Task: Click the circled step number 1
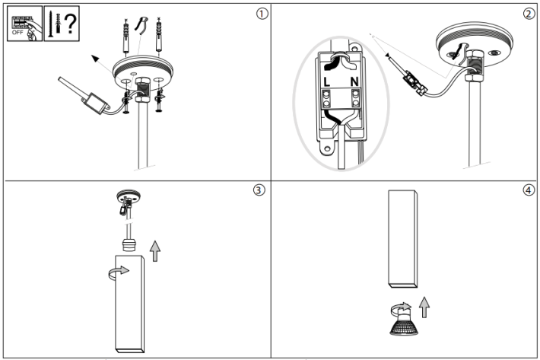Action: pyautogui.click(x=262, y=14)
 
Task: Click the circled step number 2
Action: pyautogui.click(x=529, y=14)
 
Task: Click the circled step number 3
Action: pyautogui.click(x=260, y=191)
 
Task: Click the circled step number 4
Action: pyautogui.click(x=529, y=190)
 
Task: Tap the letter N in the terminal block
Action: pyautogui.click(x=354, y=80)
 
